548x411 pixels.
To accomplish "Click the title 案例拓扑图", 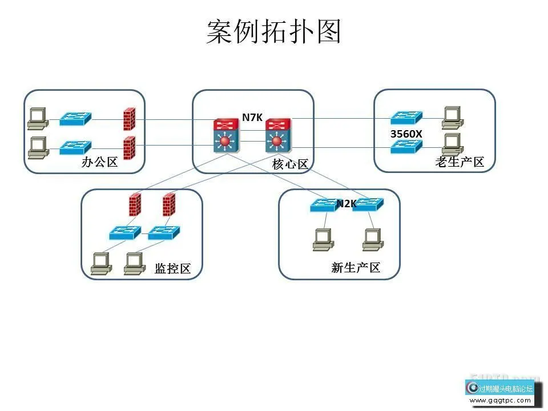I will (x=274, y=32).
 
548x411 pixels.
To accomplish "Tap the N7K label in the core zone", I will (x=252, y=118).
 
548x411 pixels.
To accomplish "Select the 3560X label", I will (x=406, y=134).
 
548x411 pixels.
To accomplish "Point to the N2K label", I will (x=346, y=203).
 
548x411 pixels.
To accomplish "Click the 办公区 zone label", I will (x=100, y=162).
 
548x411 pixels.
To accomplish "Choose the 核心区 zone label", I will (x=290, y=164).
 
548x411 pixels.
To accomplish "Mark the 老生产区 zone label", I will (x=460, y=162).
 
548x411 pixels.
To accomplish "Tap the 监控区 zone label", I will (x=172, y=269).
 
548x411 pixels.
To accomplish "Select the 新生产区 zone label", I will (x=356, y=268).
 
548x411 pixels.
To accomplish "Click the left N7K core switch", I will (x=225, y=136).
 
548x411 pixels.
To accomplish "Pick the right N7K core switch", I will (x=277, y=136).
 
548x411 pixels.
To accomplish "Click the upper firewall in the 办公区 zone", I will (x=129, y=119).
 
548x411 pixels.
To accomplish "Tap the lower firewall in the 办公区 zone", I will (x=129, y=148).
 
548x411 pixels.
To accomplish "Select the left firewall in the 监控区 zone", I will (x=135, y=204).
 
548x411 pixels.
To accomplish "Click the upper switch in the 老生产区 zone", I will (x=406, y=118).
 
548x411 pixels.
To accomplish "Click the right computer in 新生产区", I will (x=372, y=240).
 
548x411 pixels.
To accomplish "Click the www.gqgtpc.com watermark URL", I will (x=501, y=400).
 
